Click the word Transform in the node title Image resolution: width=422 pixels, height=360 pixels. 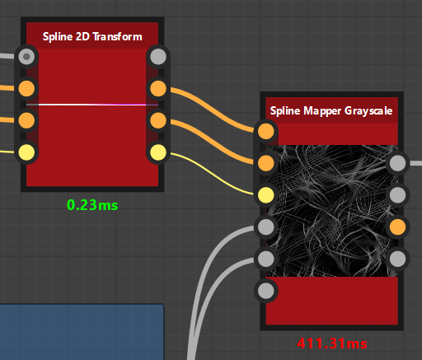[117, 36]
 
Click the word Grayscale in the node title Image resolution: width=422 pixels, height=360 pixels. [368, 111]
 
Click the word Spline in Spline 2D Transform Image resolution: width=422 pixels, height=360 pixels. [58, 37]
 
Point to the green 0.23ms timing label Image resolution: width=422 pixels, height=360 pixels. [92, 205]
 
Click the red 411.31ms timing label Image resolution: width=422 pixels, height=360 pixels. [332, 344]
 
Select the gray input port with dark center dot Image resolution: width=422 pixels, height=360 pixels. [26, 57]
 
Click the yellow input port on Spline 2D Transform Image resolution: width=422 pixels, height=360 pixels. [26, 152]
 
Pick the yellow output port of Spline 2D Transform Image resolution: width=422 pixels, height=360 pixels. [158, 152]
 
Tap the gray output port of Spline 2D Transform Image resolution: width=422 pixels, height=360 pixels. [158, 57]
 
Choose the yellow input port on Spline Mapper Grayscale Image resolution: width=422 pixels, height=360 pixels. [266, 194]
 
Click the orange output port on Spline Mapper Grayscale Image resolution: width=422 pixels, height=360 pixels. [397, 227]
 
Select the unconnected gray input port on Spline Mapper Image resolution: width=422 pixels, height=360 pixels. [266, 291]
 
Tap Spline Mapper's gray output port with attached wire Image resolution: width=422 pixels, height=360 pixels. [397, 163]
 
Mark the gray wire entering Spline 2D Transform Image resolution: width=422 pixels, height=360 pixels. [7, 56]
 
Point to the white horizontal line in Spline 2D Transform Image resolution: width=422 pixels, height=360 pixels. [92, 105]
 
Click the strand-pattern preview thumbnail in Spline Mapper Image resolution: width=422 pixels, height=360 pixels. [332, 211]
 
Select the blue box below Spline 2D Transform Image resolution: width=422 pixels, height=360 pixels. [82, 332]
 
